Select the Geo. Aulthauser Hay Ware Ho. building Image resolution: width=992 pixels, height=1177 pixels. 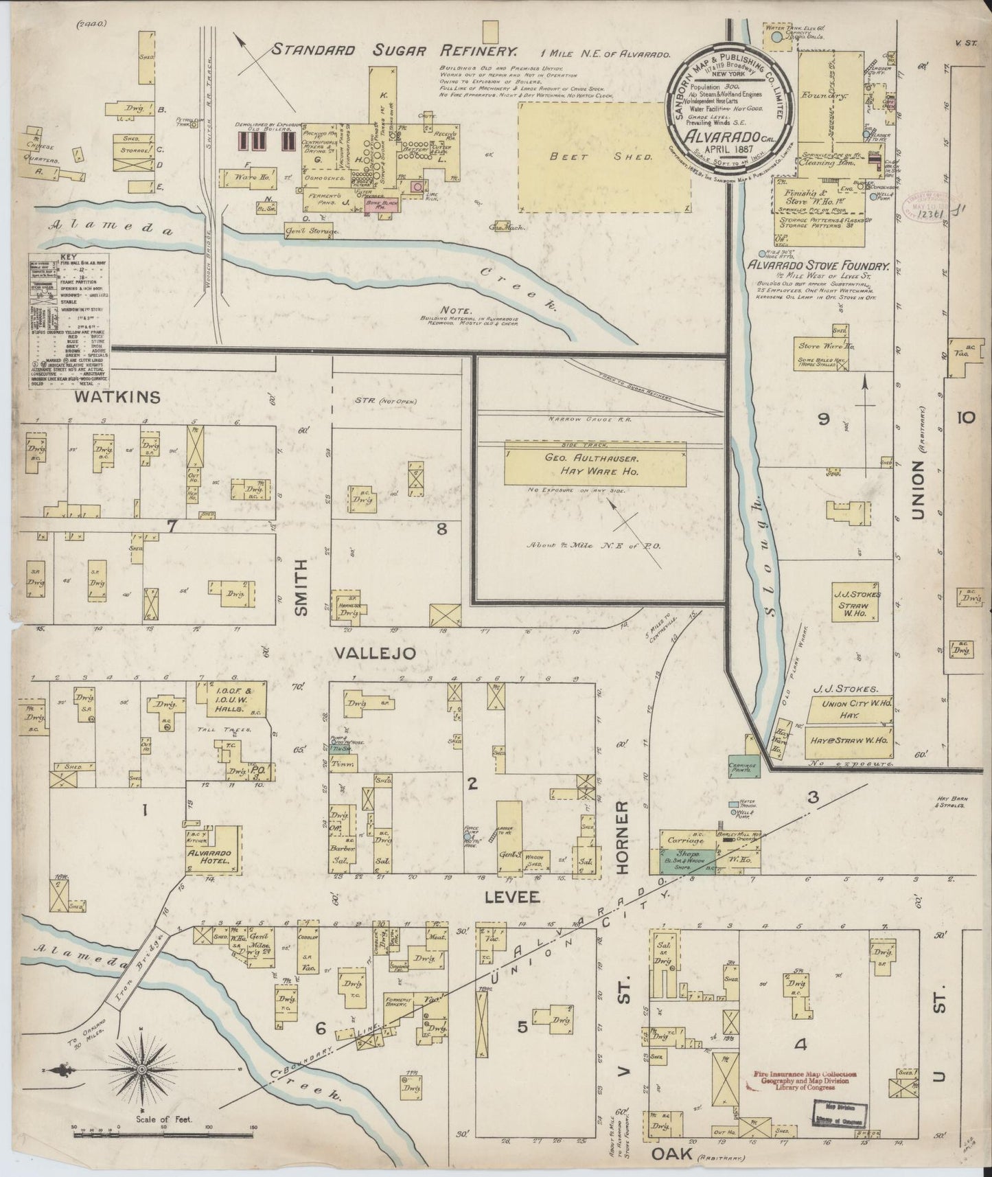pyautogui.click(x=595, y=463)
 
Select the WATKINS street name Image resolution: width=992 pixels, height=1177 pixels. pyautogui.click(x=117, y=397)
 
